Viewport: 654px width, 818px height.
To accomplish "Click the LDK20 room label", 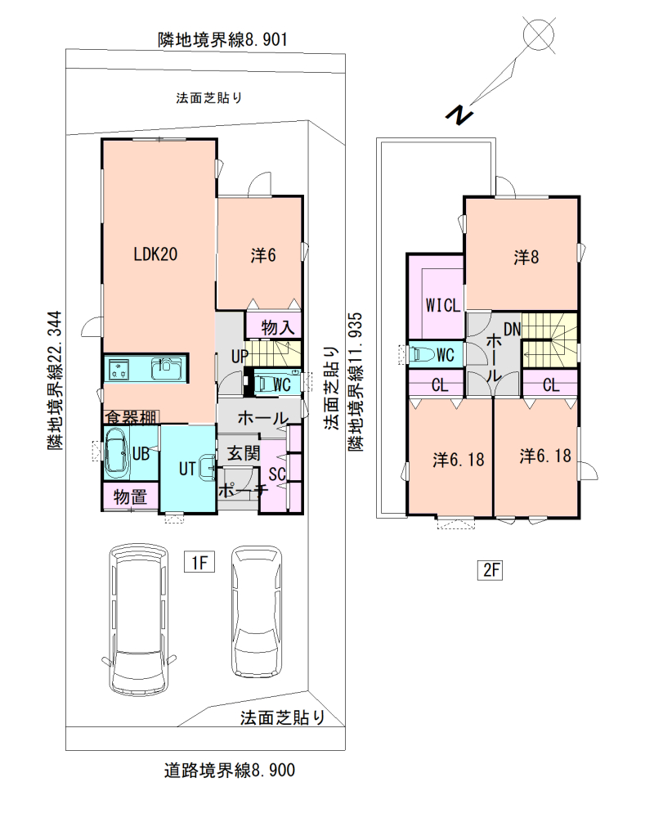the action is [x=155, y=254].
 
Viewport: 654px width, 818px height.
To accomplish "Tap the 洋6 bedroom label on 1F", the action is [x=263, y=255].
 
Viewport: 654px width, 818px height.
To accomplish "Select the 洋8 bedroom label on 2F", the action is [x=526, y=257].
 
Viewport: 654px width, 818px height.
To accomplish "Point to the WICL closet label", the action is [x=443, y=305].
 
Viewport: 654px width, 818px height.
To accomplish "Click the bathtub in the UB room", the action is [x=118, y=453].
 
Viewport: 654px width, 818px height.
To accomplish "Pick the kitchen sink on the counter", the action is [x=167, y=368].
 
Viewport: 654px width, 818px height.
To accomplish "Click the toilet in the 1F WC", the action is [x=262, y=384].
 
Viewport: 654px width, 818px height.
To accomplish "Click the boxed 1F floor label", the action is [x=199, y=563].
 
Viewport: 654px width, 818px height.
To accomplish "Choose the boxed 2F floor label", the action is [x=490, y=569].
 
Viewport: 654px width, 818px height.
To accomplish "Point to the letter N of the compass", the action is [x=459, y=115].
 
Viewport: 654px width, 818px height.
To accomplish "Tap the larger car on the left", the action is [x=140, y=619].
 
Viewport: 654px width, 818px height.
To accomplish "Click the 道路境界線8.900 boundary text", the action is [x=230, y=770].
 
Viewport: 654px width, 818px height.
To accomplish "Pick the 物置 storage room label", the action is [x=130, y=497].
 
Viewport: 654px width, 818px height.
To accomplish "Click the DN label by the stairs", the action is [x=512, y=329].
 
